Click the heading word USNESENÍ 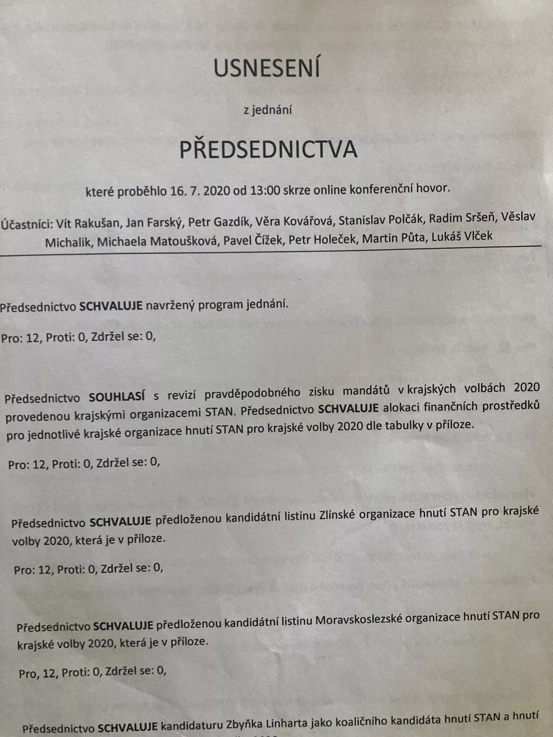pyautogui.click(x=267, y=68)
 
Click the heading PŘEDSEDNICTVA pyautogui.click(x=268, y=150)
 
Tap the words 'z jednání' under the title pyautogui.click(x=268, y=110)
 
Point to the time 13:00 pyautogui.click(x=265, y=190)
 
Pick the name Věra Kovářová pyautogui.click(x=294, y=222)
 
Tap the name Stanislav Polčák pyautogui.click(x=381, y=220)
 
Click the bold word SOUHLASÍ pyautogui.click(x=117, y=397)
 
